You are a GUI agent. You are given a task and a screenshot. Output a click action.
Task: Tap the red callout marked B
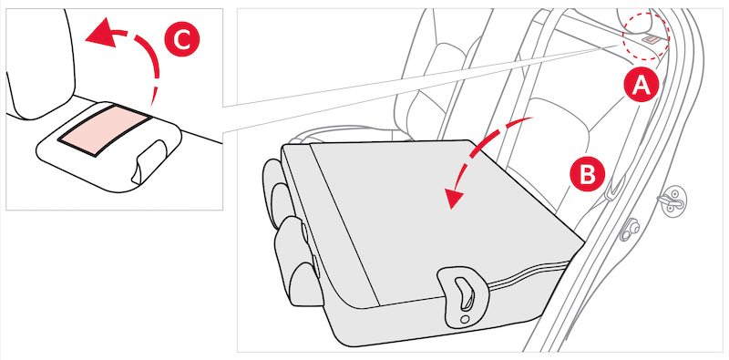point(588,174)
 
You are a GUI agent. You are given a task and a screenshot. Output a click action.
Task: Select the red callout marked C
point(181,40)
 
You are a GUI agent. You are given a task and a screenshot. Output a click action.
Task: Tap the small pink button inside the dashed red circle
point(651,40)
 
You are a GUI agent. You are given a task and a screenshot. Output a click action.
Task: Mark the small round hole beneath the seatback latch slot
point(465,320)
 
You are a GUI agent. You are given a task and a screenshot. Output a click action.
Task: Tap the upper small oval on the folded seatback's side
point(306,231)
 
